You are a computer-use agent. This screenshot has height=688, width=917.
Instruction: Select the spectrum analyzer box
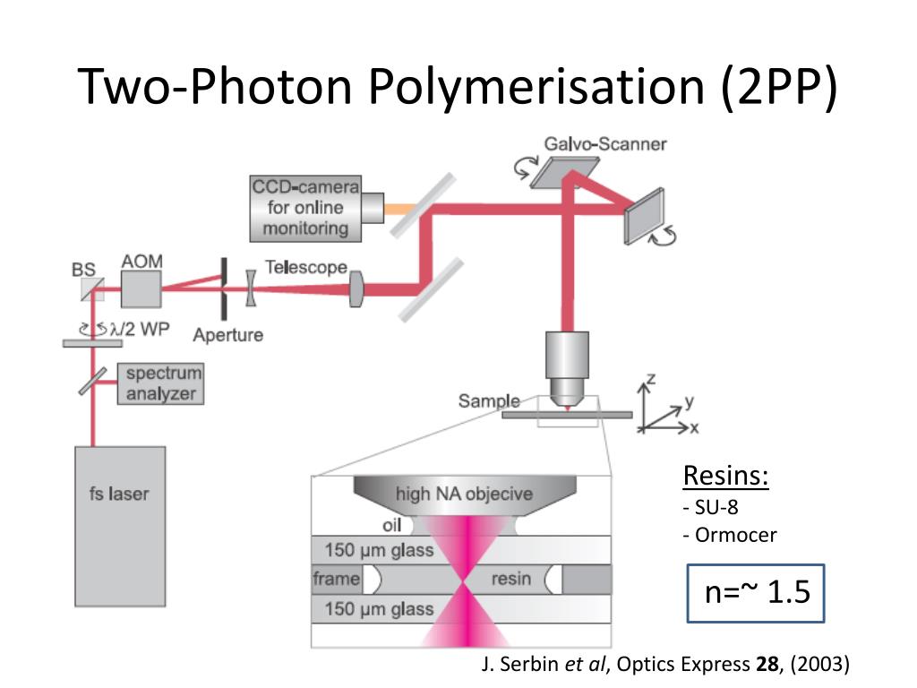(159, 383)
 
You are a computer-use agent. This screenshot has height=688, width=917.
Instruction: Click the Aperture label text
(228, 335)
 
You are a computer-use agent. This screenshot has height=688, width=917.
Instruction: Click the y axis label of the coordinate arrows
(689, 400)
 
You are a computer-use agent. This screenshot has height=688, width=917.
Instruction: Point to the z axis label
(650, 379)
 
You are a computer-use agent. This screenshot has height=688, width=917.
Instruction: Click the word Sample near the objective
(489, 401)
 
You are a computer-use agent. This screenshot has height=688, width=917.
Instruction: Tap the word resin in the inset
(510, 579)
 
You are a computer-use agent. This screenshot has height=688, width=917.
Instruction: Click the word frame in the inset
(336, 579)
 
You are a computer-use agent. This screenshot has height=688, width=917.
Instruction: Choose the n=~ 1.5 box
(756, 593)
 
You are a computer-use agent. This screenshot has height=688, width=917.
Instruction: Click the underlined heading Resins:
(726, 476)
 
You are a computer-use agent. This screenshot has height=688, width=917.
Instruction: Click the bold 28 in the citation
(767, 664)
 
